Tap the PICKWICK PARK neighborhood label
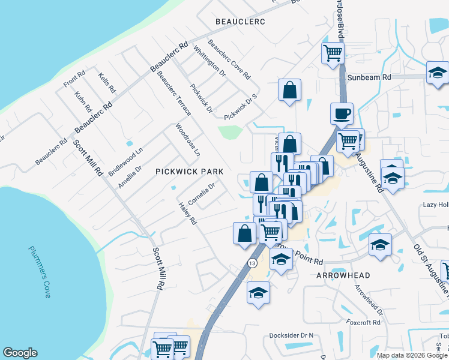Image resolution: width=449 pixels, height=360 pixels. [189, 172]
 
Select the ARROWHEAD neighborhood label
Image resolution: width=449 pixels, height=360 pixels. [343, 275]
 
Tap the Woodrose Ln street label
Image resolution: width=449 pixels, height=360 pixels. [187, 140]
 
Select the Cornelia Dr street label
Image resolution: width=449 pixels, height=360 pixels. [202, 193]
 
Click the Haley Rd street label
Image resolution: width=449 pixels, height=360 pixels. [188, 213]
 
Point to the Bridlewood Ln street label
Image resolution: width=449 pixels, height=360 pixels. [125, 161]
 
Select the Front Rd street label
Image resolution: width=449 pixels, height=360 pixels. [75, 79]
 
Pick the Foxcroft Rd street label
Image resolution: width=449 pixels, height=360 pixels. [364, 322]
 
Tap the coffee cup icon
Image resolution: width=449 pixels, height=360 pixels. [342, 113]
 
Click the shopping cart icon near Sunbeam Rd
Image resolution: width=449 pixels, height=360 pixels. [333, 52]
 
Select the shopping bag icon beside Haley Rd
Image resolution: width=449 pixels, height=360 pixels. [244, 233]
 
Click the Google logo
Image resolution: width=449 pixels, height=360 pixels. [20, 353]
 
